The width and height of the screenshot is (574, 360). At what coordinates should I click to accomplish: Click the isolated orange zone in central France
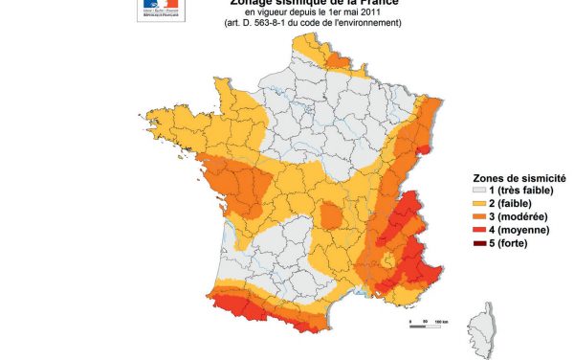point(330,215)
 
